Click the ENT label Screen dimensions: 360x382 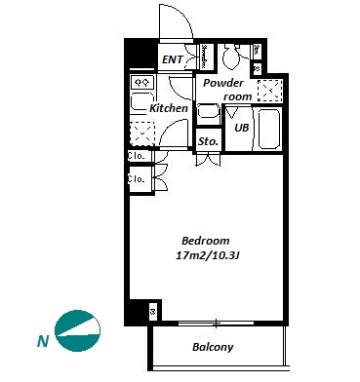coord(173,59)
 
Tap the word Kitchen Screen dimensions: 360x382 coord(169,108)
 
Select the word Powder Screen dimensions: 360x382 coord(223,83)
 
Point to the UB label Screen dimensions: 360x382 coord(241,128)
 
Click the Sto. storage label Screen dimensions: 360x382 coord(208,141)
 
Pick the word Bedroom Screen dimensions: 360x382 coord(206,241)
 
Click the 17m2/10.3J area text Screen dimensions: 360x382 coord(208,255)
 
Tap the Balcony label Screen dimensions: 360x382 coord(213,347)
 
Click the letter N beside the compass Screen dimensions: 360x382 coord(43,341)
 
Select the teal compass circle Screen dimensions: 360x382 coord(77,331)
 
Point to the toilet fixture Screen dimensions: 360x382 coord(231,56)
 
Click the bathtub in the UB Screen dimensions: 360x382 coord(269,129)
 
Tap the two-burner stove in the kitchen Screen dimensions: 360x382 coord(141,83)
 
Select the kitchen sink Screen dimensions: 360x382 coord(141,101)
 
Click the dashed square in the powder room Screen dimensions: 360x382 coord(269,91)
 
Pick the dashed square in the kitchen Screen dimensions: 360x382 coord(141,134)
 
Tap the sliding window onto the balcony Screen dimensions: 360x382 coord(216,323)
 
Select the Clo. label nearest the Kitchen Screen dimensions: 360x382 coord(136,156)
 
